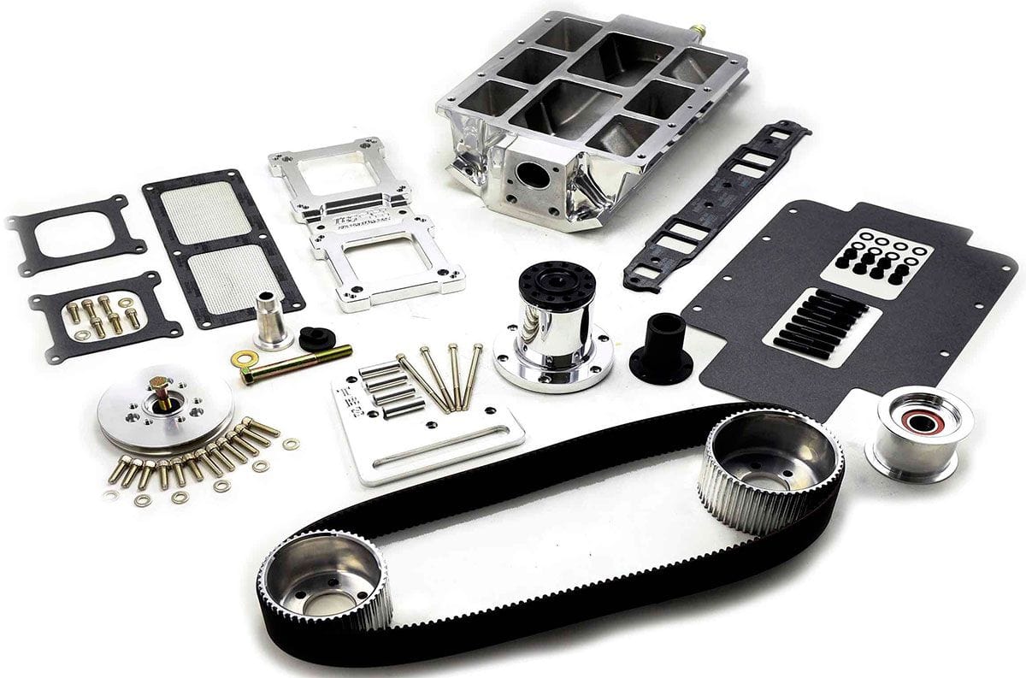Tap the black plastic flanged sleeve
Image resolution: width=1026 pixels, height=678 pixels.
pyautogui.click(x=661, y=346)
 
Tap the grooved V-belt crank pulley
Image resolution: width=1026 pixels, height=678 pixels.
pyautogui.click(x=162, y=408)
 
